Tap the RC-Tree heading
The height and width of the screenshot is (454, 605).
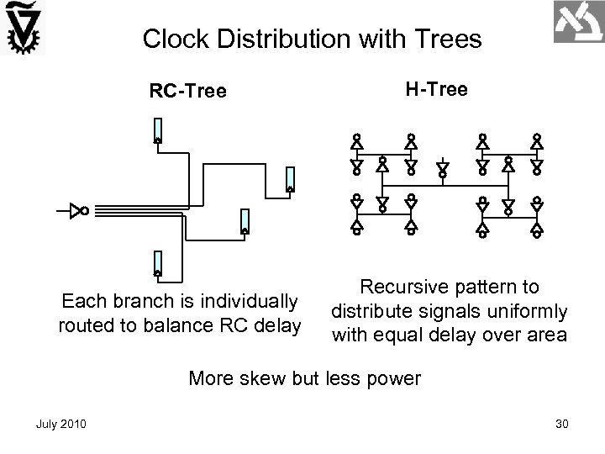tap(187, 90)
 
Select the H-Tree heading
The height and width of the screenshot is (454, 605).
tap(437, 88)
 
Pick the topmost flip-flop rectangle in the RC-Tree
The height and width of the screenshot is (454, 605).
tap(157, 130)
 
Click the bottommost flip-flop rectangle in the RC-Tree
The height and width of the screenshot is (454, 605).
tap(157, 264)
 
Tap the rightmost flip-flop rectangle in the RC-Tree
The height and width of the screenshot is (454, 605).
tap(290, 179)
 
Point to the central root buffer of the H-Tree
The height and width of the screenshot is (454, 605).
tap(444, 168)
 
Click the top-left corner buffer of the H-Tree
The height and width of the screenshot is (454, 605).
tap(356, 145)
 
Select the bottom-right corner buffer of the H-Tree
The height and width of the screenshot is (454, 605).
tap(537, 224)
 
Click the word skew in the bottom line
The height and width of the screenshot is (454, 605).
tap(269, 378)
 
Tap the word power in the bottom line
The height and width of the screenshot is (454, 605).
tap(391, 378)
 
